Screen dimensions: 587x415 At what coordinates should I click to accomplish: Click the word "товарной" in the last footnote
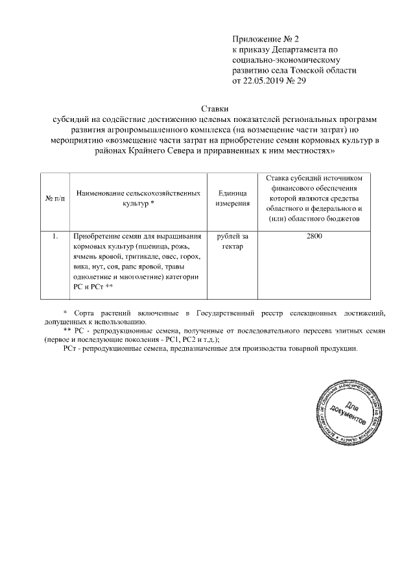(287, 348)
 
